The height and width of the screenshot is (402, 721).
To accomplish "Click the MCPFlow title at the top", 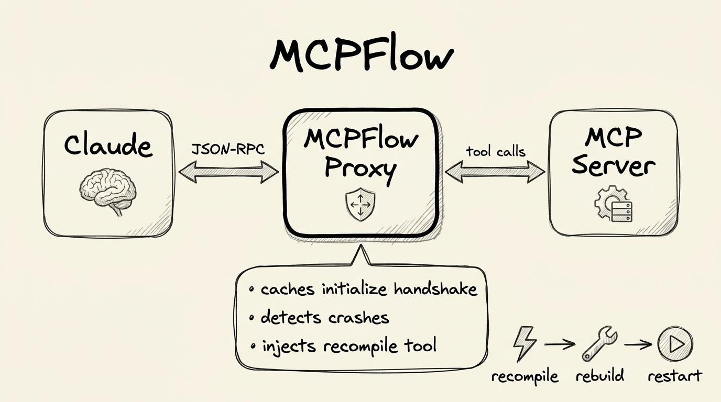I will [x=360, y=55].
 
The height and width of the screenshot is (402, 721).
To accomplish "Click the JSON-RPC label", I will [x=228, y=149].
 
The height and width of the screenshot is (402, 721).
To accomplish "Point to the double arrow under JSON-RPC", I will [x=228, y=171].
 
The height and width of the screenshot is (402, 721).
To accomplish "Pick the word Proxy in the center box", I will [x=360, y=169].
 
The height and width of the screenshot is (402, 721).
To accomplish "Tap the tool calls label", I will [x=495, y=152].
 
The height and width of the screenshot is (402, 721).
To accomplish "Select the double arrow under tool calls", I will [x=495, y=171].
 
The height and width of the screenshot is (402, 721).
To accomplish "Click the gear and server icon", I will [x=614, y=206].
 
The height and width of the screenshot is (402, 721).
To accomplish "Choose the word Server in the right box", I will [x=613, y=166].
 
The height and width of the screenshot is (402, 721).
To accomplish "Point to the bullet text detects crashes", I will [x=325, y=317].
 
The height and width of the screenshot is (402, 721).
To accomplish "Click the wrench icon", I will [x=599, y=344].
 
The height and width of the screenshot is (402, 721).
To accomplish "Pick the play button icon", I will [x=675, y=343].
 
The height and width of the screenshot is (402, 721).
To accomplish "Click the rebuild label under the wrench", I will [x=599, y=376].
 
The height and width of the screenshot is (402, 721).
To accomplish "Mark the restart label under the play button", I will [x=674, y=376].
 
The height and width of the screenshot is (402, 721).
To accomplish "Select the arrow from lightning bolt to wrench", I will [x=560, y=344].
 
